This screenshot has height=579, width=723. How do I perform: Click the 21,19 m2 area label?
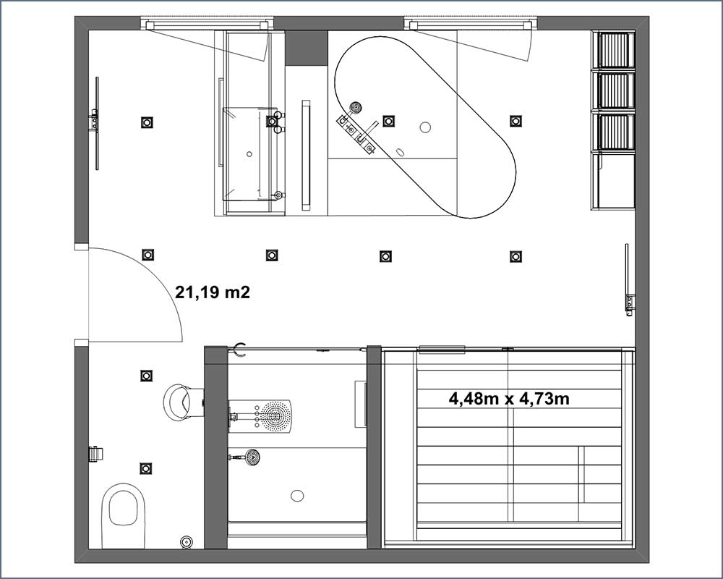(x=212, y=292)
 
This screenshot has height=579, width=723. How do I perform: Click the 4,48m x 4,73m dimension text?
(x=509, y=398)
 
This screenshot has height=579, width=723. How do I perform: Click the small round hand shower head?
(x=252, y=457)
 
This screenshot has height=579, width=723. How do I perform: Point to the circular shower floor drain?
(x=297, y=496)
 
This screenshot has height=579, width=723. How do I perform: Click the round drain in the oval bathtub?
(x=425, y=127)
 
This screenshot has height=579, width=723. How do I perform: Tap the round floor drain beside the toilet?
(x=187, y=541)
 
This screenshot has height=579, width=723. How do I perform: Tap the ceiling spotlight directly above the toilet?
(x=146, y=468)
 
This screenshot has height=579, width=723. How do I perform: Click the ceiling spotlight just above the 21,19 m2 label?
(x=147, y=255)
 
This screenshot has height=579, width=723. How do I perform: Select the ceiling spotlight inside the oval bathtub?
(x=389, y=121)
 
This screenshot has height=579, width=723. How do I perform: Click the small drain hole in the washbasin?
(x=249, y=153)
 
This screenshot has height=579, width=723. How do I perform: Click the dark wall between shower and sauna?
(x=374, y=447)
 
